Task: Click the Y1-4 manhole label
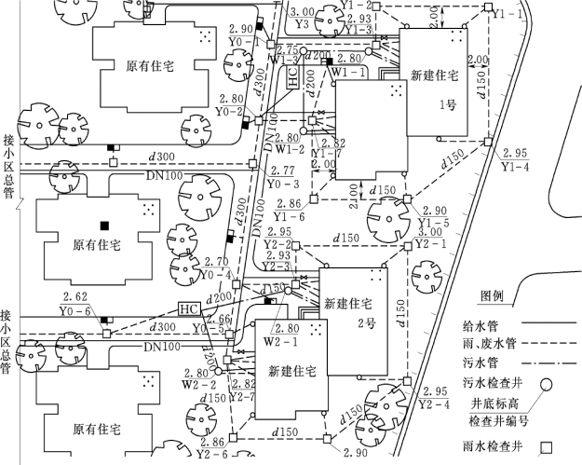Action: pos(515,166)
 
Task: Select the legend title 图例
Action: pos(492,296)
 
